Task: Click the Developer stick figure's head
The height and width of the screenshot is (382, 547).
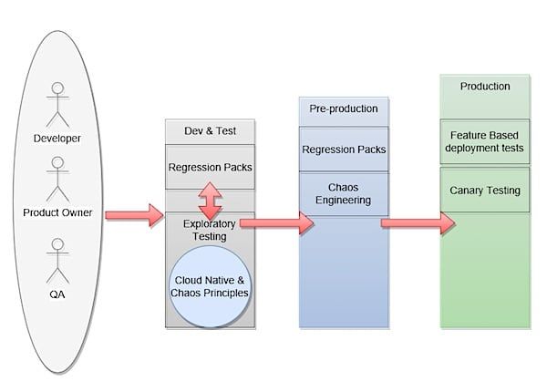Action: [57, 88]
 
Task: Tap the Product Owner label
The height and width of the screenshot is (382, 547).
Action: [57, 212]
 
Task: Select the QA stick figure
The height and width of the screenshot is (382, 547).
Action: [57, 261]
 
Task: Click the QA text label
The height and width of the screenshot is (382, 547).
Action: [57, 294]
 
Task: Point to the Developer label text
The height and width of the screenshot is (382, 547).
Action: [57, 139]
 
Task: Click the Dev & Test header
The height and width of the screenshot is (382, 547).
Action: [210, 130]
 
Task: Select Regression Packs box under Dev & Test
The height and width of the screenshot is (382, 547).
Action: [210, 167]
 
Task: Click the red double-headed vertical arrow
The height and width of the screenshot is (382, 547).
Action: [210, 201]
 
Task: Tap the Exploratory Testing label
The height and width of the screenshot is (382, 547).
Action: [210, 230]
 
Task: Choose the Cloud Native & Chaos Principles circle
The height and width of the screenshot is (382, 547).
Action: [210, 287]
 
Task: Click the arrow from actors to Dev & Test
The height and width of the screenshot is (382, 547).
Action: [134, 215]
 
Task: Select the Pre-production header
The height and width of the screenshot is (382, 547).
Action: [344, 108]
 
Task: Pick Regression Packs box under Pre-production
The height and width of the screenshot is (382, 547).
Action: [344, 150]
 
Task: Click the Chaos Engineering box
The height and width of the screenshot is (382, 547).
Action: [344, 193]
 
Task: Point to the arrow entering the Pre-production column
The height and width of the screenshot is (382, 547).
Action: [277, 223]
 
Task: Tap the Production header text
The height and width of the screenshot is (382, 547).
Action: [485, 87]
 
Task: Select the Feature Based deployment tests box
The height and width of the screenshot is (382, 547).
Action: [485, 141]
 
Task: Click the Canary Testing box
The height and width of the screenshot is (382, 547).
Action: [485, 191]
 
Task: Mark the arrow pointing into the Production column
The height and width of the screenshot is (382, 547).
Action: [418, 223]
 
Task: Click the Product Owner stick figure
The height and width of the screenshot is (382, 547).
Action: [57, 179]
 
